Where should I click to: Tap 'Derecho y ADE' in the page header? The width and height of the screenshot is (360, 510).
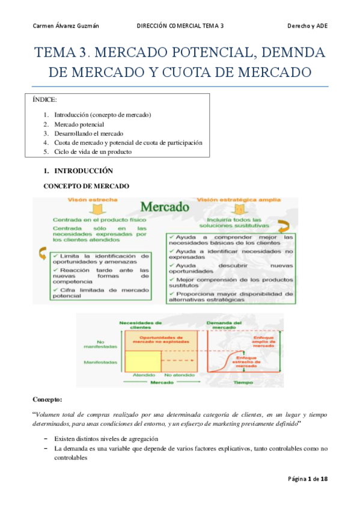pos(307,26)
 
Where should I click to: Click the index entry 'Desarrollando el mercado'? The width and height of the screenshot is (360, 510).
pos(88,134)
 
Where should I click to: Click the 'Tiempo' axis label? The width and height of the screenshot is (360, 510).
pos(243,382)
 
